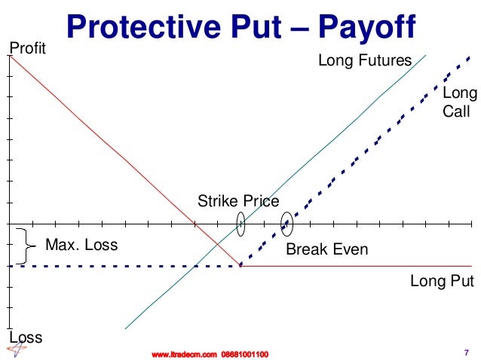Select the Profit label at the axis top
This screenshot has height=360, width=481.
pos(27,49)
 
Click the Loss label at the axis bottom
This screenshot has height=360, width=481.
pos(25,337)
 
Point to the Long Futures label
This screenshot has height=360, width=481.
pos(365,60)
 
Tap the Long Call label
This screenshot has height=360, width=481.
pos(458,102)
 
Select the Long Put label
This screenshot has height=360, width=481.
pos(442,282)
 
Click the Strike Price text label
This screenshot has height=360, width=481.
pos(238,201)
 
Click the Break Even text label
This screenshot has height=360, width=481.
pos(326,249)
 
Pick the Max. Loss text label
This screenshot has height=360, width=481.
pos(81,245)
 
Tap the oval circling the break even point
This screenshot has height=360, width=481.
pos(286,223)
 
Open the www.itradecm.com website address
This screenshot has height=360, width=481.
pos(184,353)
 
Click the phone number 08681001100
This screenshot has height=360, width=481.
pos(244,353)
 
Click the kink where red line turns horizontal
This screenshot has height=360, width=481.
pos(240,265)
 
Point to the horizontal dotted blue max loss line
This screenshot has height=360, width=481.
pos(121,265)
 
